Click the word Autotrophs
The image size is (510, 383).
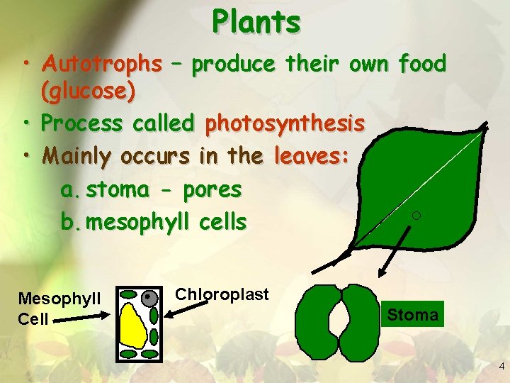101,64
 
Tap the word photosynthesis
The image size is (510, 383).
285,123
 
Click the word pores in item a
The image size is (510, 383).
212,190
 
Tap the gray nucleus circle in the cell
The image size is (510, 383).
149,299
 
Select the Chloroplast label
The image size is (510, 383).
222,294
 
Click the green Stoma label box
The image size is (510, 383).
413,314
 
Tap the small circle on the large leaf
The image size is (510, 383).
416,215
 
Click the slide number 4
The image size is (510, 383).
501,367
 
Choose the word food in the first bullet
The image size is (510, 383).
422,64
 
